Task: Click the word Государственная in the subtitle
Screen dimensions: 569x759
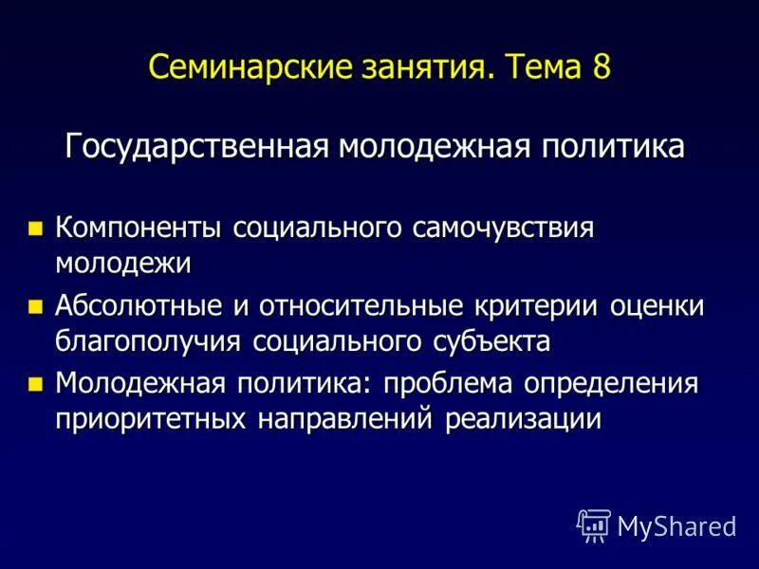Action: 197,148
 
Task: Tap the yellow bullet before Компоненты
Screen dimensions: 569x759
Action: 36,229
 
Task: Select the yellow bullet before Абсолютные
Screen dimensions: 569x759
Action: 36,306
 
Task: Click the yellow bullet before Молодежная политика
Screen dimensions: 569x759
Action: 36,384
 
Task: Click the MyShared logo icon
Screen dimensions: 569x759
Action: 593,524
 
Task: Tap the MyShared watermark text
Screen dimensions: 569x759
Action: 676,525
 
